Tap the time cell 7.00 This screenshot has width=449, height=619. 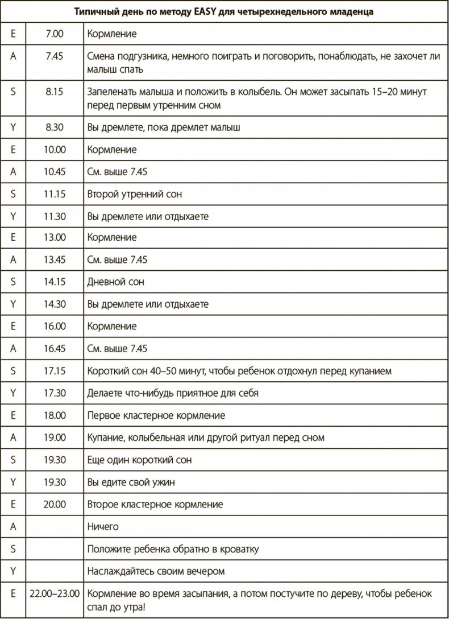pos(55,34)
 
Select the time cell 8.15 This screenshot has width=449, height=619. pos(55,91)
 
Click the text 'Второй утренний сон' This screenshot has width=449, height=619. pos(135,195)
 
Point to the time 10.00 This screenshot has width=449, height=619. pos(55,150)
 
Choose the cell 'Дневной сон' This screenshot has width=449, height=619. pos(116,282)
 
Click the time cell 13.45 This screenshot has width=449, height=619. pos(55,260)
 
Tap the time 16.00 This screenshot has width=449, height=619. pos(55,327)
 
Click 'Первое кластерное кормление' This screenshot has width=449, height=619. pos(156,415)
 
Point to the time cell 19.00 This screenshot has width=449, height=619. pos(55,438)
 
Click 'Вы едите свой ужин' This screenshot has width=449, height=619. pos(131,482)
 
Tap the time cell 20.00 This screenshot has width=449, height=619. pos(55,504)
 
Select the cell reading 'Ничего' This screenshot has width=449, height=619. pos(103,527)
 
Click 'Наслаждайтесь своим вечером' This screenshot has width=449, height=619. pos(156,571)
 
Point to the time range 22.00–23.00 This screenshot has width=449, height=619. pos(54,593)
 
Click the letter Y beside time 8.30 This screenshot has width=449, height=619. pos(13,128)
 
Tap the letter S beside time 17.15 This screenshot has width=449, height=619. pos(13,371)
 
